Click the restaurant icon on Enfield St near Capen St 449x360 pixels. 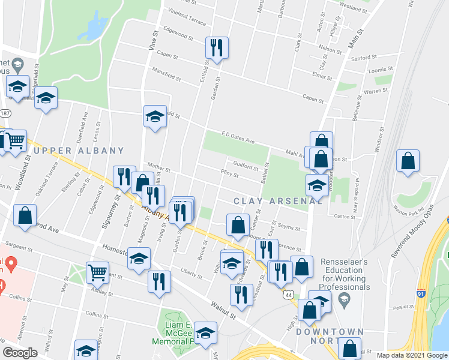point(216,48)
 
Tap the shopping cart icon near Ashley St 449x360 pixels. point(97,272)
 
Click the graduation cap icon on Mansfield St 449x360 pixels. point(155,116)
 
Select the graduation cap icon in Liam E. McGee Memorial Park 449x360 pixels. point(206,334)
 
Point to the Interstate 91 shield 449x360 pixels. point(421,293)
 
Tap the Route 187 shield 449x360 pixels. point(5,113)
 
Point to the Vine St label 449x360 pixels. point(152,40)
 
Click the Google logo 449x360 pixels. point(20,353)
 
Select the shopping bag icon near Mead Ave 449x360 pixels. point(25,217)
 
